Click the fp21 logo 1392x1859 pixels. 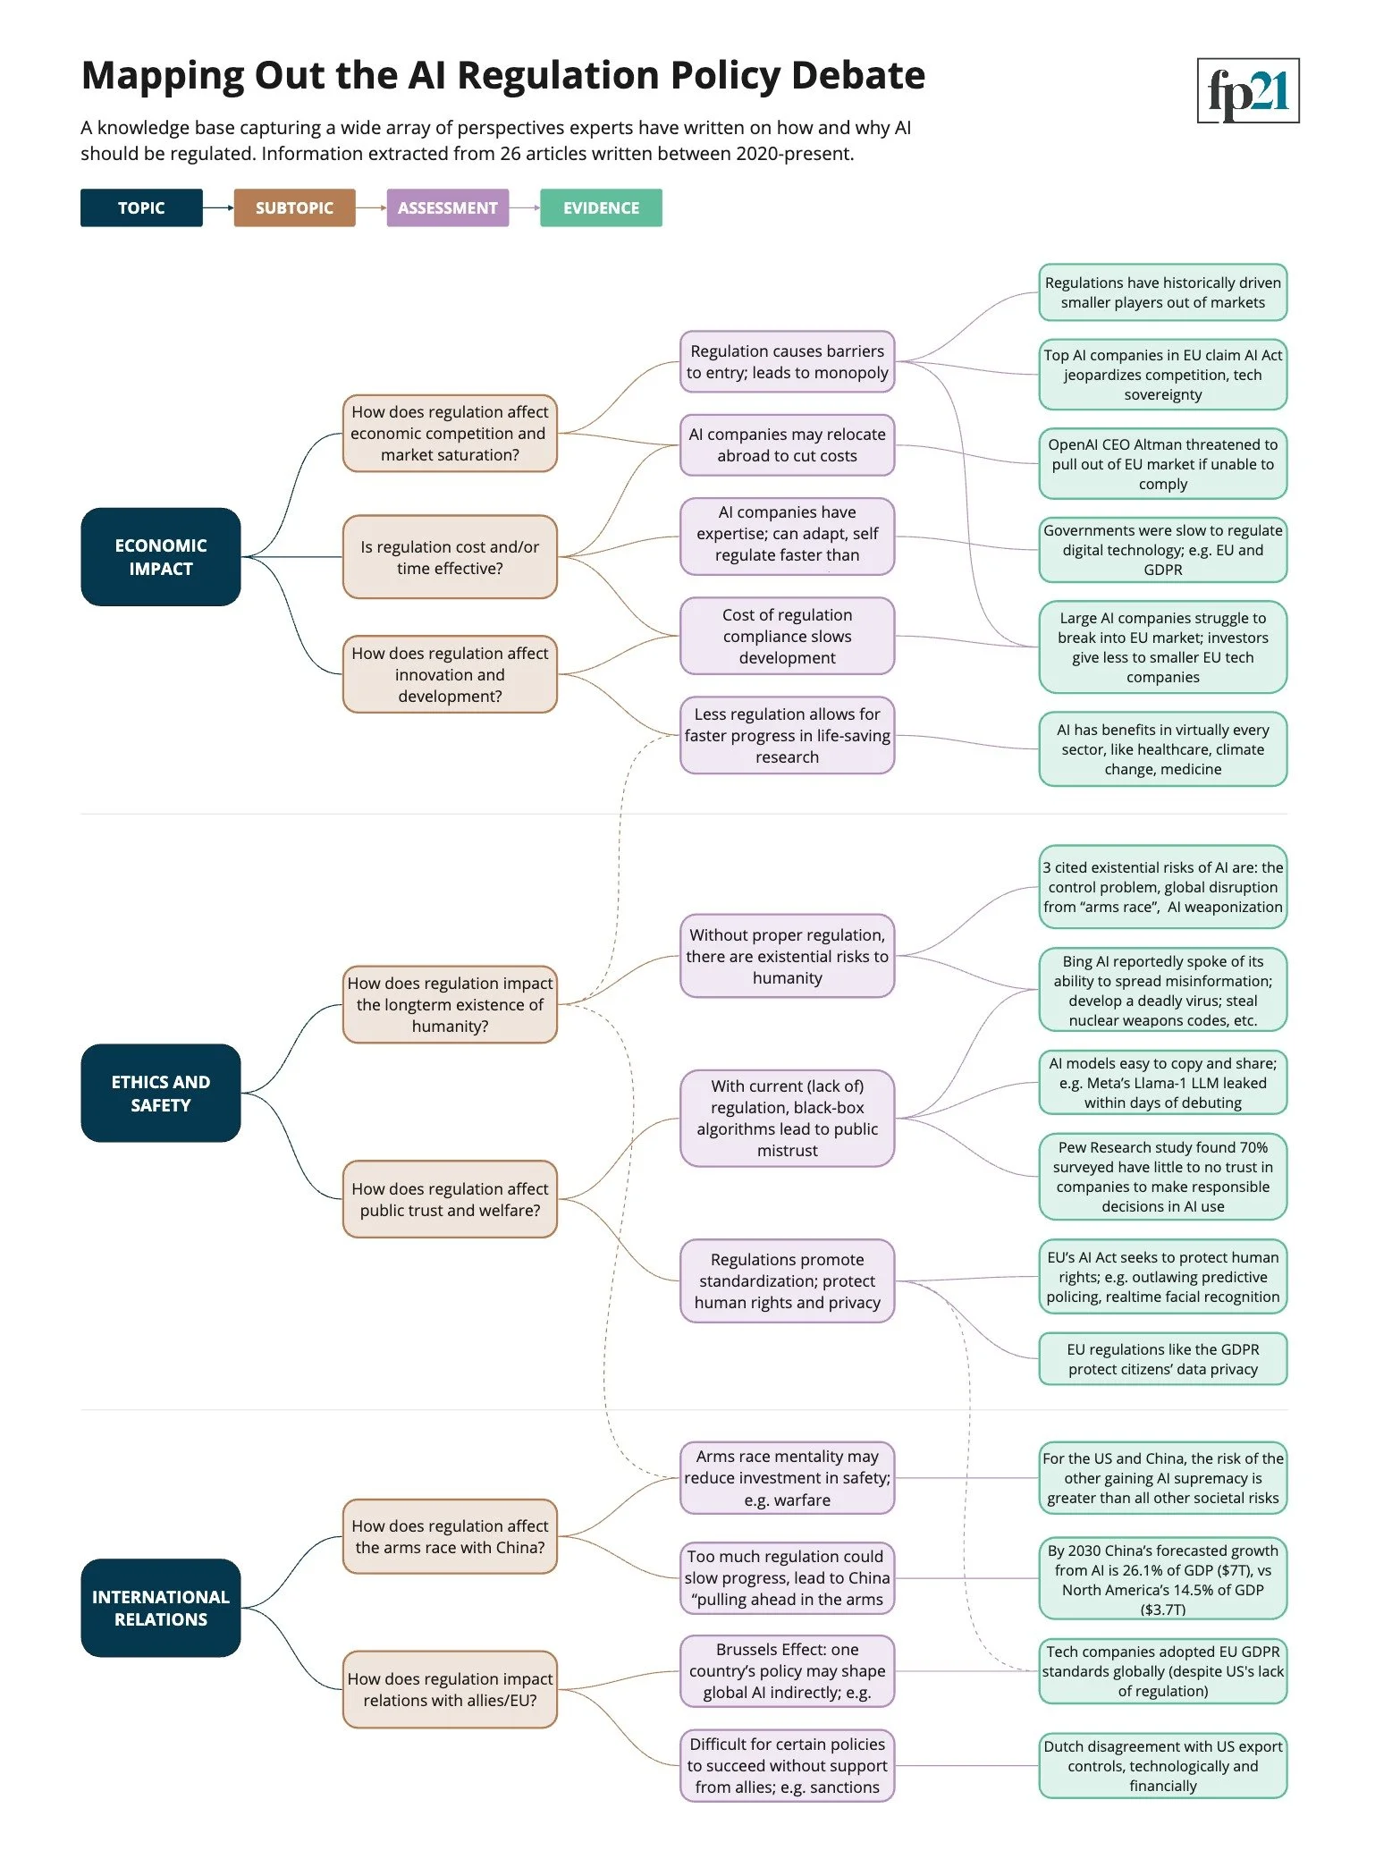tap(1247, 90)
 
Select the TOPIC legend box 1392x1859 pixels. tap(141, 207)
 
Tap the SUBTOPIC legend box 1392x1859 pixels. tap(294, 207)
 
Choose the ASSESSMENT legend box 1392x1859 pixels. tap(447, 207)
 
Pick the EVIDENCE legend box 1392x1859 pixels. tap(601, 207)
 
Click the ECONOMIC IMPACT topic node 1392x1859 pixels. tap(161, 557)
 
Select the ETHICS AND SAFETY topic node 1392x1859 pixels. tap(161, 1093)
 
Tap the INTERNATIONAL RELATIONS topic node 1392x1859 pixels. tap(161, 1608)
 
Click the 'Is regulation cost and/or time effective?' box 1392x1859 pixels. tap(450, 557)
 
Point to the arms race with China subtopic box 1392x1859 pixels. tap(450, 1536)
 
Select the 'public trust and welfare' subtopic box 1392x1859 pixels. tap(450, 1199)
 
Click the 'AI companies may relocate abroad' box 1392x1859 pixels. tap(787, 444)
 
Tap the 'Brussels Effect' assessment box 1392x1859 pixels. tap(787, 1670)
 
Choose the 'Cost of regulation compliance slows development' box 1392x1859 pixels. tap(787, 636)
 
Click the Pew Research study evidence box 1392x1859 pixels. tap(1162, 1177)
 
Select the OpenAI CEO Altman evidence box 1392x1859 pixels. tap(1162, 464)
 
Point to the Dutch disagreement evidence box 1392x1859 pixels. tap(1162, 1766)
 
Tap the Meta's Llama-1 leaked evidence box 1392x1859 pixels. tap(1162, 1083)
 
